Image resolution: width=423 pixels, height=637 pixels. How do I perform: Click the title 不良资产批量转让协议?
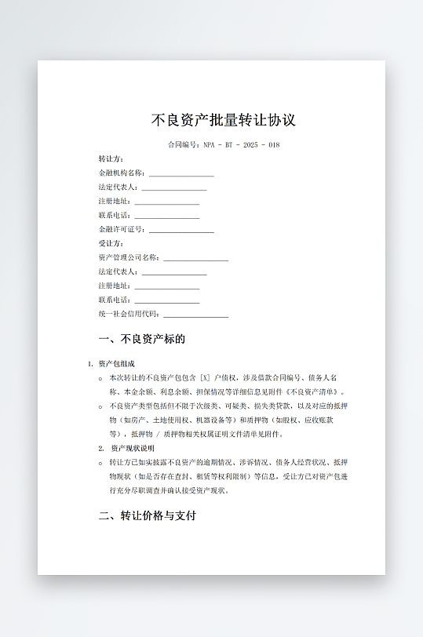pos(223,121)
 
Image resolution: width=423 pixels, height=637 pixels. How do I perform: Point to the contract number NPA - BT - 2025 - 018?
pos(241,145)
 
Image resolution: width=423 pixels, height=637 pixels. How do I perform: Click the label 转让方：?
pos(111,159)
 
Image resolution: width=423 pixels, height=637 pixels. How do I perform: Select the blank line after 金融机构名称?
pos(181,174)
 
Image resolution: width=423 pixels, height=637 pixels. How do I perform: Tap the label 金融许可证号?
pos(122,229)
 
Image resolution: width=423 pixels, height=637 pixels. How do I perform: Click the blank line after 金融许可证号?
pos(181,231)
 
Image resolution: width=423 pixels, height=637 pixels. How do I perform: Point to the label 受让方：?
pos(111,243)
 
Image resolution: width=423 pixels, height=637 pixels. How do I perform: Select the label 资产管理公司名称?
pos(129,257)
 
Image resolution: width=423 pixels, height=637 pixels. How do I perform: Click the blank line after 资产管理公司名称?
pos(195,259)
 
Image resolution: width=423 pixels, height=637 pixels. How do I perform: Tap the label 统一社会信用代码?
pos(129,314)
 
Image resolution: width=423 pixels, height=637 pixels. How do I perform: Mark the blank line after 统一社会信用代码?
pos(195,315)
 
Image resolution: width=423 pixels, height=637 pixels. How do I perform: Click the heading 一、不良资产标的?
pos(142,340)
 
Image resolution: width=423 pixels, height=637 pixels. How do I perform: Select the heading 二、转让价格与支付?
pos(147,516)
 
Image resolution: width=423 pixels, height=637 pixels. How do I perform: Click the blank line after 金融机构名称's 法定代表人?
pos(174,188)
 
